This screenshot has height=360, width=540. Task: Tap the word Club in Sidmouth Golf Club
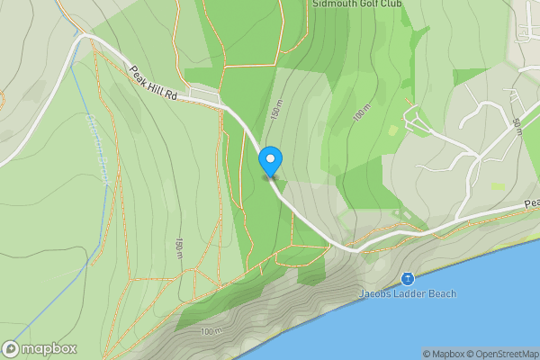(x=388, y=4)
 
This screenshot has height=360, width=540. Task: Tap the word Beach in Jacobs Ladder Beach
(x=442, y=293)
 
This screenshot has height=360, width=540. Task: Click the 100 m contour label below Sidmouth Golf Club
(x=362, y=114)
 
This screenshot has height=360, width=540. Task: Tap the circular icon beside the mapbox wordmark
(x=12, y=348)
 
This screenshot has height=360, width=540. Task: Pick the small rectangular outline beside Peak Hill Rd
(x=206, y=94)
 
